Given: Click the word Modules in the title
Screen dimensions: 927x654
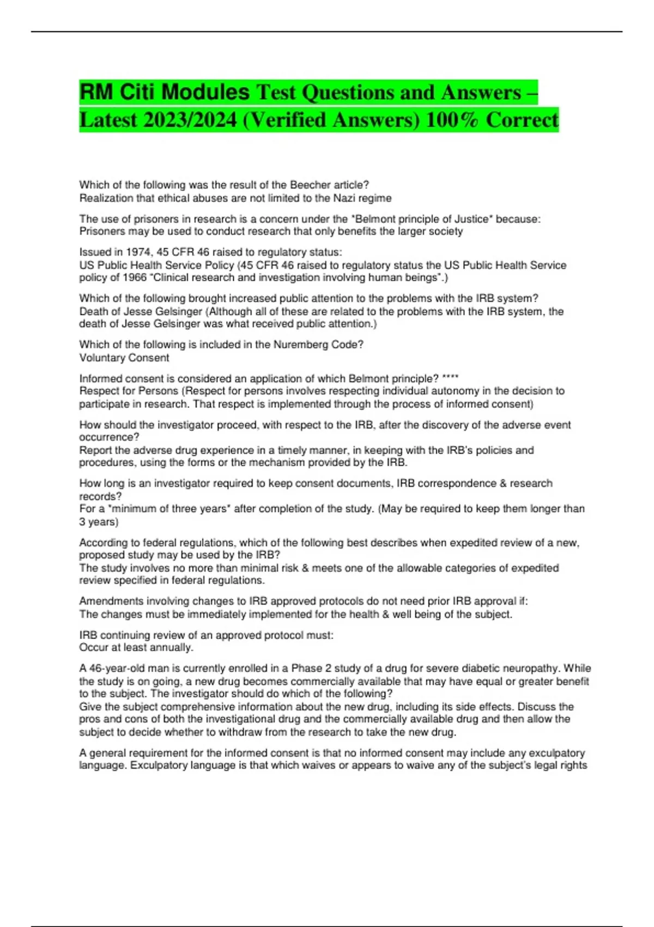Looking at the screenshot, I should [x=205, y=92].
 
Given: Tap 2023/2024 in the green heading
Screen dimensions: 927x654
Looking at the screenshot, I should [x=190, y=120].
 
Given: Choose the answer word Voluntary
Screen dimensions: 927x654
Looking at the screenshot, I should [x=102, y=358].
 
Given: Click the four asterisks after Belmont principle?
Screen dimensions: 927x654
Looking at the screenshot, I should [x=450, y=378].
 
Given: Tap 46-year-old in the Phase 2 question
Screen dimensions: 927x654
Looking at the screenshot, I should [x=116, y=668].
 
